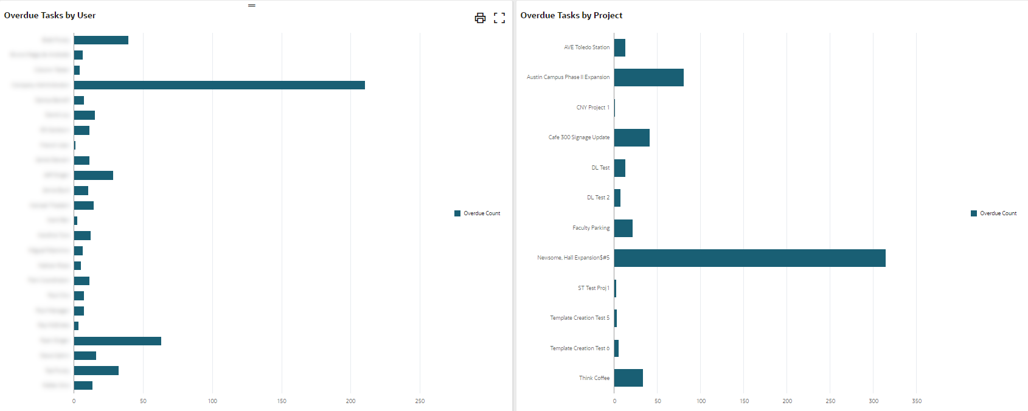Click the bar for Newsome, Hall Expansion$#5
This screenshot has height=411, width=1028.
click(749, 258)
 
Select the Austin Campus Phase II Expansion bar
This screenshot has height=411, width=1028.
click(648, 77)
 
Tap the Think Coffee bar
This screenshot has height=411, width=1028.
click(628, 378)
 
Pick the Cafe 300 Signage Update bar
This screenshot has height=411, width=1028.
click(631, 137)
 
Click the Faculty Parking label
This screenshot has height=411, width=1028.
click(591, 228)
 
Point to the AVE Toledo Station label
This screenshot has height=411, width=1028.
click(586, 47)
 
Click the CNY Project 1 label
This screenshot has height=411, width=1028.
click(592, 108)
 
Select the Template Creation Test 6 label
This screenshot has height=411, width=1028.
click(579, 348)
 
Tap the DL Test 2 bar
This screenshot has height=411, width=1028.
click(617, 198)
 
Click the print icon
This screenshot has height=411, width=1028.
click(480, 18)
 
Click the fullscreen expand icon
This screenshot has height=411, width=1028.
click(499, 18)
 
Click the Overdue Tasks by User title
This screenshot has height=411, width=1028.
click(50, 15)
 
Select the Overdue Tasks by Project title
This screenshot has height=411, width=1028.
click(571, 15)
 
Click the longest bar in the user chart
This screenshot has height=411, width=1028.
click(219, 85)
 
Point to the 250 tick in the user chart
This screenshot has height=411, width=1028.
click(420, 401)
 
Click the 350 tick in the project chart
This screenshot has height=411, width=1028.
click(917, 401)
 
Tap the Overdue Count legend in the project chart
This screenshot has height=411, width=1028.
click(994, 213)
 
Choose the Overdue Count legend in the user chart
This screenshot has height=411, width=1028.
click(478, 213)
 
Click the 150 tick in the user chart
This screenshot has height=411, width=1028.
click(282, 401)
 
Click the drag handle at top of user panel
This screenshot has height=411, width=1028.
click(252, 5)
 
